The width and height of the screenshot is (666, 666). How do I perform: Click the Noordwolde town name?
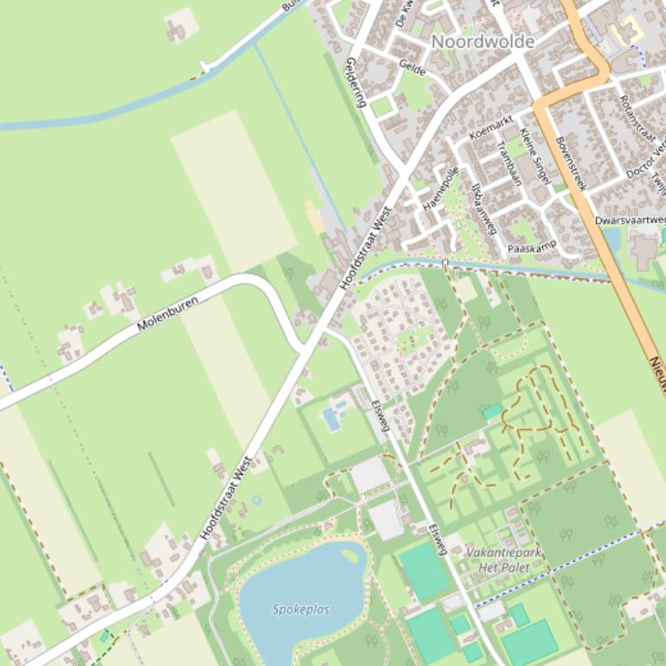click(x=482, y=42)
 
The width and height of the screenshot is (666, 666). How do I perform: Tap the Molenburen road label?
click(x=167, y=314)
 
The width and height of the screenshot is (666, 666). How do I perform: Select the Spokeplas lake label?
click(x=301, y=610)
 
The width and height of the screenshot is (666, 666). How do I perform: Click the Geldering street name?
click(x=357, y=82)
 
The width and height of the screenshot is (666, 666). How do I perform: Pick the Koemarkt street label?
click(x=491, y=127)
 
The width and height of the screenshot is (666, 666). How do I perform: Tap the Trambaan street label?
click(x=509, y=163)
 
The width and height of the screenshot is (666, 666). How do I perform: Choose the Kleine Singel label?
click(x=534, y=156)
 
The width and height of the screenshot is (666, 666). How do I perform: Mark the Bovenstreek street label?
click(x=571, y=163)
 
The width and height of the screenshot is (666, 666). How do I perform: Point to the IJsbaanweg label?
click(x=482, y=208)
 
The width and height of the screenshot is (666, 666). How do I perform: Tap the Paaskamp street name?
click(x=531, y=248)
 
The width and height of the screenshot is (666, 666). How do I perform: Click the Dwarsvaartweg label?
click(x=630, y=221)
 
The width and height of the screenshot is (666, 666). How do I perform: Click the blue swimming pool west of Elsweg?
click(x=331, y=419)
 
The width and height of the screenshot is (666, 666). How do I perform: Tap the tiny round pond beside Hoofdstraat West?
click(x=256, y=500)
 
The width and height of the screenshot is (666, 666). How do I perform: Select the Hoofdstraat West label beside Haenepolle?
click(x=365, y=247)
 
